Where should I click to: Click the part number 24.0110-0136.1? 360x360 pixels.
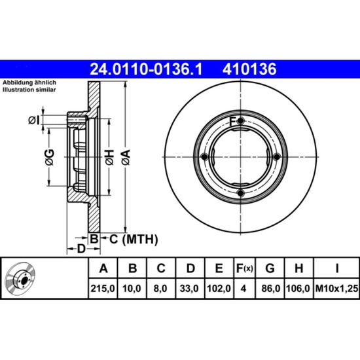pos(146,69)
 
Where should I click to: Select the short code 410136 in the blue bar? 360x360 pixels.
pos(249,69)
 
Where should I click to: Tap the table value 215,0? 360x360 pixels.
pos(103,289)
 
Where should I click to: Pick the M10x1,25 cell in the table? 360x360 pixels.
pos(336,289)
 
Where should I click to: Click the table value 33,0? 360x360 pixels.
pos(189,289)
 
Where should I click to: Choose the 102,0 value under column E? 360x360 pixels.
pos(219,289)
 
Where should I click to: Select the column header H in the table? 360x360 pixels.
pos(298,268)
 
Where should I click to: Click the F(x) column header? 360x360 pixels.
pos(245,268)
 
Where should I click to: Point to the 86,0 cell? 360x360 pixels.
pos(271,289)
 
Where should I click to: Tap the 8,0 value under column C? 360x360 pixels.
pos(160,289)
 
